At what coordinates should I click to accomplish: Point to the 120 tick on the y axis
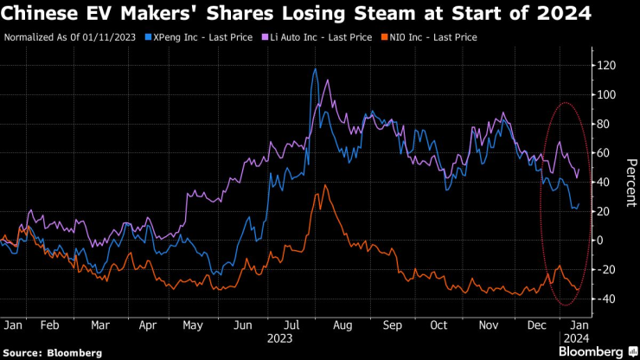(606, 65)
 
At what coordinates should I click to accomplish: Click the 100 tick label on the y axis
(606, 94)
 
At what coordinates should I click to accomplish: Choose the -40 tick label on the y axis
(607, 299)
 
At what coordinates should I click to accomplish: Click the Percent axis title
(630, 182)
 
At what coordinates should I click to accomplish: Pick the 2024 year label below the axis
(576, 339)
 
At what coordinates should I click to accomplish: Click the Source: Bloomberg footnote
(52, 353)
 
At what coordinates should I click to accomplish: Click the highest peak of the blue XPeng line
(315, 69)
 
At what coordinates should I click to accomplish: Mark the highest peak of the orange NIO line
(324, 185)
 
